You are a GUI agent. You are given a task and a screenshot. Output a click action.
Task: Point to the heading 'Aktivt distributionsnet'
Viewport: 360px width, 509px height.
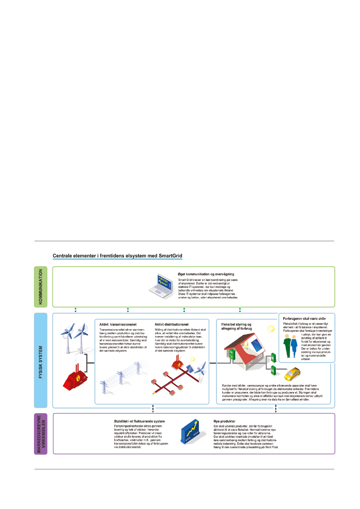[x=172, y=324]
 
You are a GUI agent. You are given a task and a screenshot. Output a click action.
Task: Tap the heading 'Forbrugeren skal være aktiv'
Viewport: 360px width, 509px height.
[x=304, y=319]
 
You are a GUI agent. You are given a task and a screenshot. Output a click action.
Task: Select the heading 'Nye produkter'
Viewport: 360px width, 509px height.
[x=225, y=421]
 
